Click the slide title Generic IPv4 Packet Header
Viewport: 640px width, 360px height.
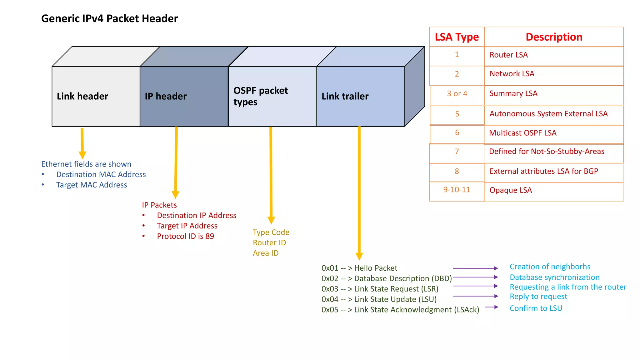pos(109,18)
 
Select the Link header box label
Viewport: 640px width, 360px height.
pos(82,96)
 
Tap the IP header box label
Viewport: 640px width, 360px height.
pos(166,96)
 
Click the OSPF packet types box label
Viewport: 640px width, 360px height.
pos(261,96)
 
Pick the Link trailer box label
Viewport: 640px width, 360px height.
pos(345,96)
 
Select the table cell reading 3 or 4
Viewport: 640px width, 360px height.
pos(457,94)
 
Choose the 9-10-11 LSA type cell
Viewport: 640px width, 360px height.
pos(457,190)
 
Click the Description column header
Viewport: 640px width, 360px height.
pos(554,37)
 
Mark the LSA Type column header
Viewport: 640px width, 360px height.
pos(457,37)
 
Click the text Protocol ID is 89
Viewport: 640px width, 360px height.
pos(185,236)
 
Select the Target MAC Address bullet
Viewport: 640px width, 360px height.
pos(92,185)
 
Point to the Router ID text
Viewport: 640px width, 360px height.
pos(269,243)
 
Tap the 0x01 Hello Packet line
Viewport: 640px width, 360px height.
pos(359,268)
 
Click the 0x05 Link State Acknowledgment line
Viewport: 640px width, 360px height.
pos(400,310)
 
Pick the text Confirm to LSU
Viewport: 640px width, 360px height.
pos(536,308)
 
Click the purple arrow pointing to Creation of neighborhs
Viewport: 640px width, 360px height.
pos(475,268)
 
